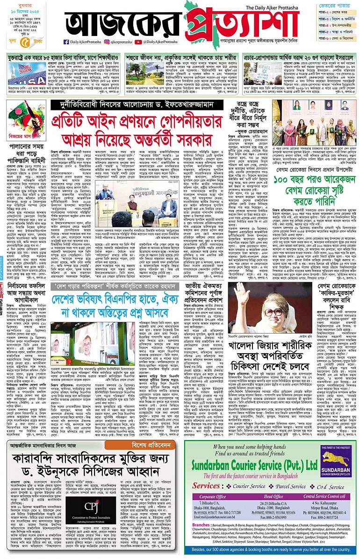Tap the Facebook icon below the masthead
[66, 42]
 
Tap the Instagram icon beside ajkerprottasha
[106, 42]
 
